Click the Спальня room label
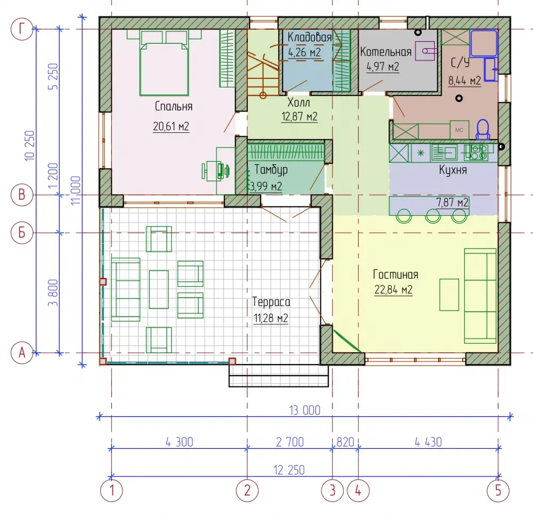pyautogui.click(x=173, y=106)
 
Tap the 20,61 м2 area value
pyautogui.click(x=171, y=126)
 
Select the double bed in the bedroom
pyautogui.click(x=164, y=62)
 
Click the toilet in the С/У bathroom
pyautogui.click(x=482, y=129)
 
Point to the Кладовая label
pyautogui.click(x=309, y=37)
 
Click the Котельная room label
pyautogui.click(x=386, y=52)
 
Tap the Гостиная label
pyautogui.click(x=395, y=274)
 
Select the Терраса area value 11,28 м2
pyautogui.click(x=271, y=318)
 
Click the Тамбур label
pyautogui.click(x=271, y=170)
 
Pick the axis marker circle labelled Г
pyautogui.click(x=22, y=29)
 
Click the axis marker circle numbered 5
pyautogui.click(x=498, y=490)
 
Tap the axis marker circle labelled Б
pyautogui.click(x=22, y=233)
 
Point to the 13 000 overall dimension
pyautogui.click(x=304, y=410)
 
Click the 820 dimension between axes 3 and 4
pyautogui.click(x=345, y=442)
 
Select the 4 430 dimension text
pyautogui.click(x=429, y=442)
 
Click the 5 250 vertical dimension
pyautogui.click(x=53, y=76)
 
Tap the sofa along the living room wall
pyautogui.click(x=480, y=296)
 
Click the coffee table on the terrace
pyautogui.click(x=159, y=289)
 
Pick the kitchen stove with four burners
pyautogui.click(x=479, y=152)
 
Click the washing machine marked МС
pyautogui.click(x=459, y=130)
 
